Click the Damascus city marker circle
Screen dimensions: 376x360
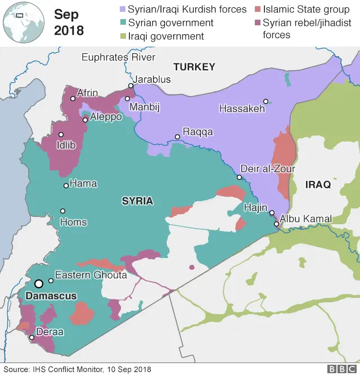coord(39,284)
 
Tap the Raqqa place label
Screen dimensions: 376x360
coord(198,132)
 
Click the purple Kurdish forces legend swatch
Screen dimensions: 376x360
coord(121,10)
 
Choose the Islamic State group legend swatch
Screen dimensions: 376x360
coord(256,10)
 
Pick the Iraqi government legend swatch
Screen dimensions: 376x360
coord(121,37)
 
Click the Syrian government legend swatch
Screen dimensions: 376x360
coord(121,23)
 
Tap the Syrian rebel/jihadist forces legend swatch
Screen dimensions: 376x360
coord(256,23)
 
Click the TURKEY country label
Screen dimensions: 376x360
coord(194,67)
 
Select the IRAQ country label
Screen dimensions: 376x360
coord(318,184)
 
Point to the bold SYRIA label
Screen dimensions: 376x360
coord(138,201)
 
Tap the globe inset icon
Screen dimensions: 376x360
coord(20,21)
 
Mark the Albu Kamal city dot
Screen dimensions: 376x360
coord(276,224)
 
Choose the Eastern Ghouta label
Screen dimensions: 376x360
coord(91,275)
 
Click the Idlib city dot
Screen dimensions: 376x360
coord(61,134)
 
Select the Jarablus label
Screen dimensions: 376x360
coord(151,79)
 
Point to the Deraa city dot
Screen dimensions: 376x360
coord(31,338)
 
